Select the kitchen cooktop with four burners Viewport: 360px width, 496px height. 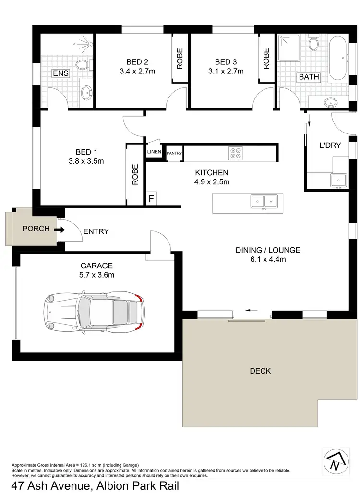pyautogui.click(x=236, y=153)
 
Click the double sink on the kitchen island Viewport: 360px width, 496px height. pyautogui.click(x=264, y=202)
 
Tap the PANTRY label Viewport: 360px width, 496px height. pyautogui.click(x=174, y=153)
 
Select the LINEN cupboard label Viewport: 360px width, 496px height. pyautogui.click(x=154, y=152)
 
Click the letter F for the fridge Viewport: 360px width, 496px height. pyautogui.click(x=152, y=199)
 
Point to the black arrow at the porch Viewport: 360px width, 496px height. pyautogui.click(x=59, y=230)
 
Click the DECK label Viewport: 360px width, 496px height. pyautogui.click(x=261, y=371)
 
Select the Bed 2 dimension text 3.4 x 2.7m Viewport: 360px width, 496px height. pyautogui.click(x=137, y=72)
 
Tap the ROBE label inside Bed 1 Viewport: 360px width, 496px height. pyautogui.click(x=135, y=175)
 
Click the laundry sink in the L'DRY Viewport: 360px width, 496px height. pyautogui.click(x=338, y=180)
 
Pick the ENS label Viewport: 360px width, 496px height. pyautogui.click(x=61, y=73)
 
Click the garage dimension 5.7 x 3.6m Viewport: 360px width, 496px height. pyautogui.click(x=97, y=275)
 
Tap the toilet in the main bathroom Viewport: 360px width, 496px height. pyautogui.click(x=314, y=44)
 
